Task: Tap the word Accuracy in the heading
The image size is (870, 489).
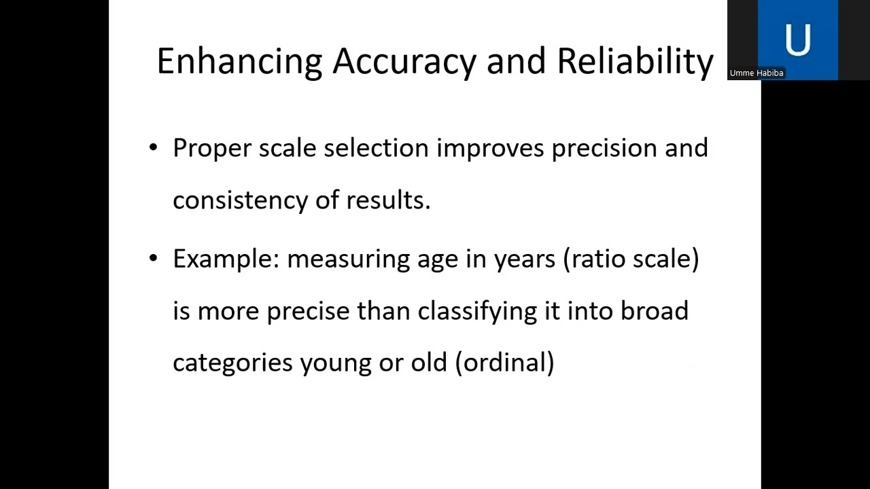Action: tap(404, 62)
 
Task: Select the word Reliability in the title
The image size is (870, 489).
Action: tap(635, 62)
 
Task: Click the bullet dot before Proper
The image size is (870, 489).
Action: tap(153, 147)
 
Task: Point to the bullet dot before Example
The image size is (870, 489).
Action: tap(153, 258)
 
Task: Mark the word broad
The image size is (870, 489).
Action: tap(655, 311)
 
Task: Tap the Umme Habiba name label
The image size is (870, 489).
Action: tap(756, 73)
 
